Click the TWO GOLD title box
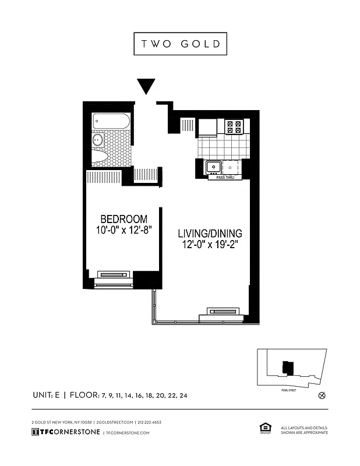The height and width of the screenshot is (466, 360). point(180,44)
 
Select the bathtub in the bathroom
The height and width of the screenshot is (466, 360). point(111,121)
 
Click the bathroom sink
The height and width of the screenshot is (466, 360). point(98,140)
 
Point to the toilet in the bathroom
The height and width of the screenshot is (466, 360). point(100,156)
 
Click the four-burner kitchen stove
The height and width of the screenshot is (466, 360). point(234,127)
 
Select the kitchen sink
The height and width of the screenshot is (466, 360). point(213,167)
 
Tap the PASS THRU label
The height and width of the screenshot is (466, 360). point(225,177)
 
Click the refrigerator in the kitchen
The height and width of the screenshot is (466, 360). point(207,127)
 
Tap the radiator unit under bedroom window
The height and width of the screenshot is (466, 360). point(114,274)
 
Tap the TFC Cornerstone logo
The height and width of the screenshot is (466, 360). point(65,432)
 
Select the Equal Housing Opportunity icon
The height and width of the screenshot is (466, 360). point(263,429)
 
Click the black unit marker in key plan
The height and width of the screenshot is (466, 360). point(285,367)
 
